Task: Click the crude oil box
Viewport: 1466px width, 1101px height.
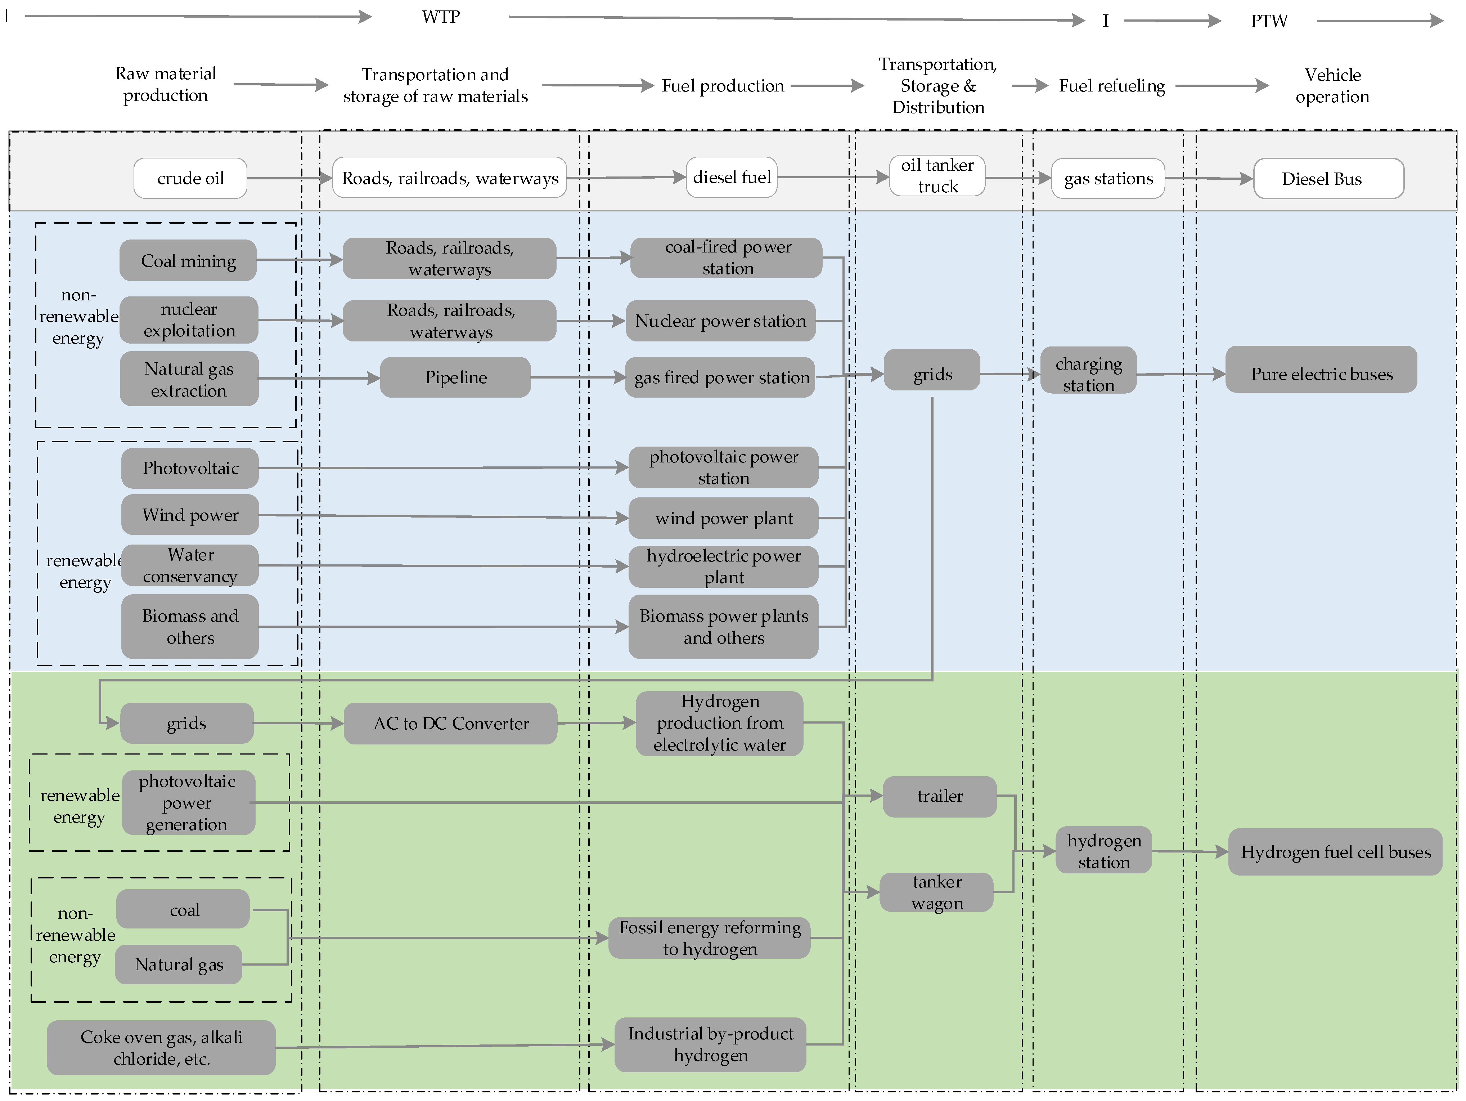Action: pyautogui.click(x=190, y=178)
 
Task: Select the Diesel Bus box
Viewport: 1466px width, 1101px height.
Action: pyautogui.click(x=1328, y=178)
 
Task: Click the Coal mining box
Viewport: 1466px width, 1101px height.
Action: pyautogui.click(x=188, y=260)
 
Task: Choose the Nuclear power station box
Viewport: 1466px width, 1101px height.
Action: pyautogui.click(x=720, y=321)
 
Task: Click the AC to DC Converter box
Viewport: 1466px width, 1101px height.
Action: pyautogui.click(x=451, y=723)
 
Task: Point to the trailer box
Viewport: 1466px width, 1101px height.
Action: pyautogui.click(x=939, y=796)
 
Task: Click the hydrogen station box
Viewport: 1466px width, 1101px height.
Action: pyautogui.click(x=1103, y=851)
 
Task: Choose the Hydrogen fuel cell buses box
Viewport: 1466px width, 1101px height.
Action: pyautogui.click(x=1335, y=852)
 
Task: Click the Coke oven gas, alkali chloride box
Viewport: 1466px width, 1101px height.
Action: pyautogui.click(x=161, y=1047)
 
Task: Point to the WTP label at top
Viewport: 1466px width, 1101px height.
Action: pyautogui.click(x=441, y=17)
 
